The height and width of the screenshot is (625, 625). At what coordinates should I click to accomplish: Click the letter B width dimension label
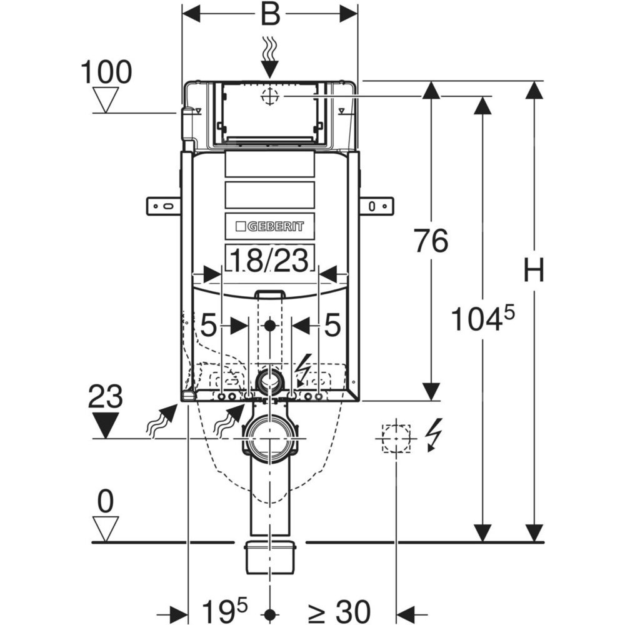[x=270, y=14]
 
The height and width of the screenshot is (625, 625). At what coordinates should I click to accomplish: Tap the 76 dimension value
[x=431, y=241]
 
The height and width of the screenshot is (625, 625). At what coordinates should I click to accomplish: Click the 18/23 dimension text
[x=269, y=260]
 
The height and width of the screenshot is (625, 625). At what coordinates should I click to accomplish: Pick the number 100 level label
[x=106, y=72]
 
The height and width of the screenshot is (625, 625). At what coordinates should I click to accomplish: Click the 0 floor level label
[x=106, y=502]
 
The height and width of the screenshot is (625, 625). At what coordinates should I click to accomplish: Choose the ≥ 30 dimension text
[x=338, y=608]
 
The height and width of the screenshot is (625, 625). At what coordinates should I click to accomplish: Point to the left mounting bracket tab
[x=163, y=206]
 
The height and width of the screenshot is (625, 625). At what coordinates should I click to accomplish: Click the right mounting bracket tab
[x=376, y=206]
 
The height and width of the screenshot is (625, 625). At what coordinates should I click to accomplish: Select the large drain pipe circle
[x=270, y=439]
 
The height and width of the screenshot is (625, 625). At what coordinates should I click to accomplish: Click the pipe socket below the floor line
[x=270, y=556]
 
